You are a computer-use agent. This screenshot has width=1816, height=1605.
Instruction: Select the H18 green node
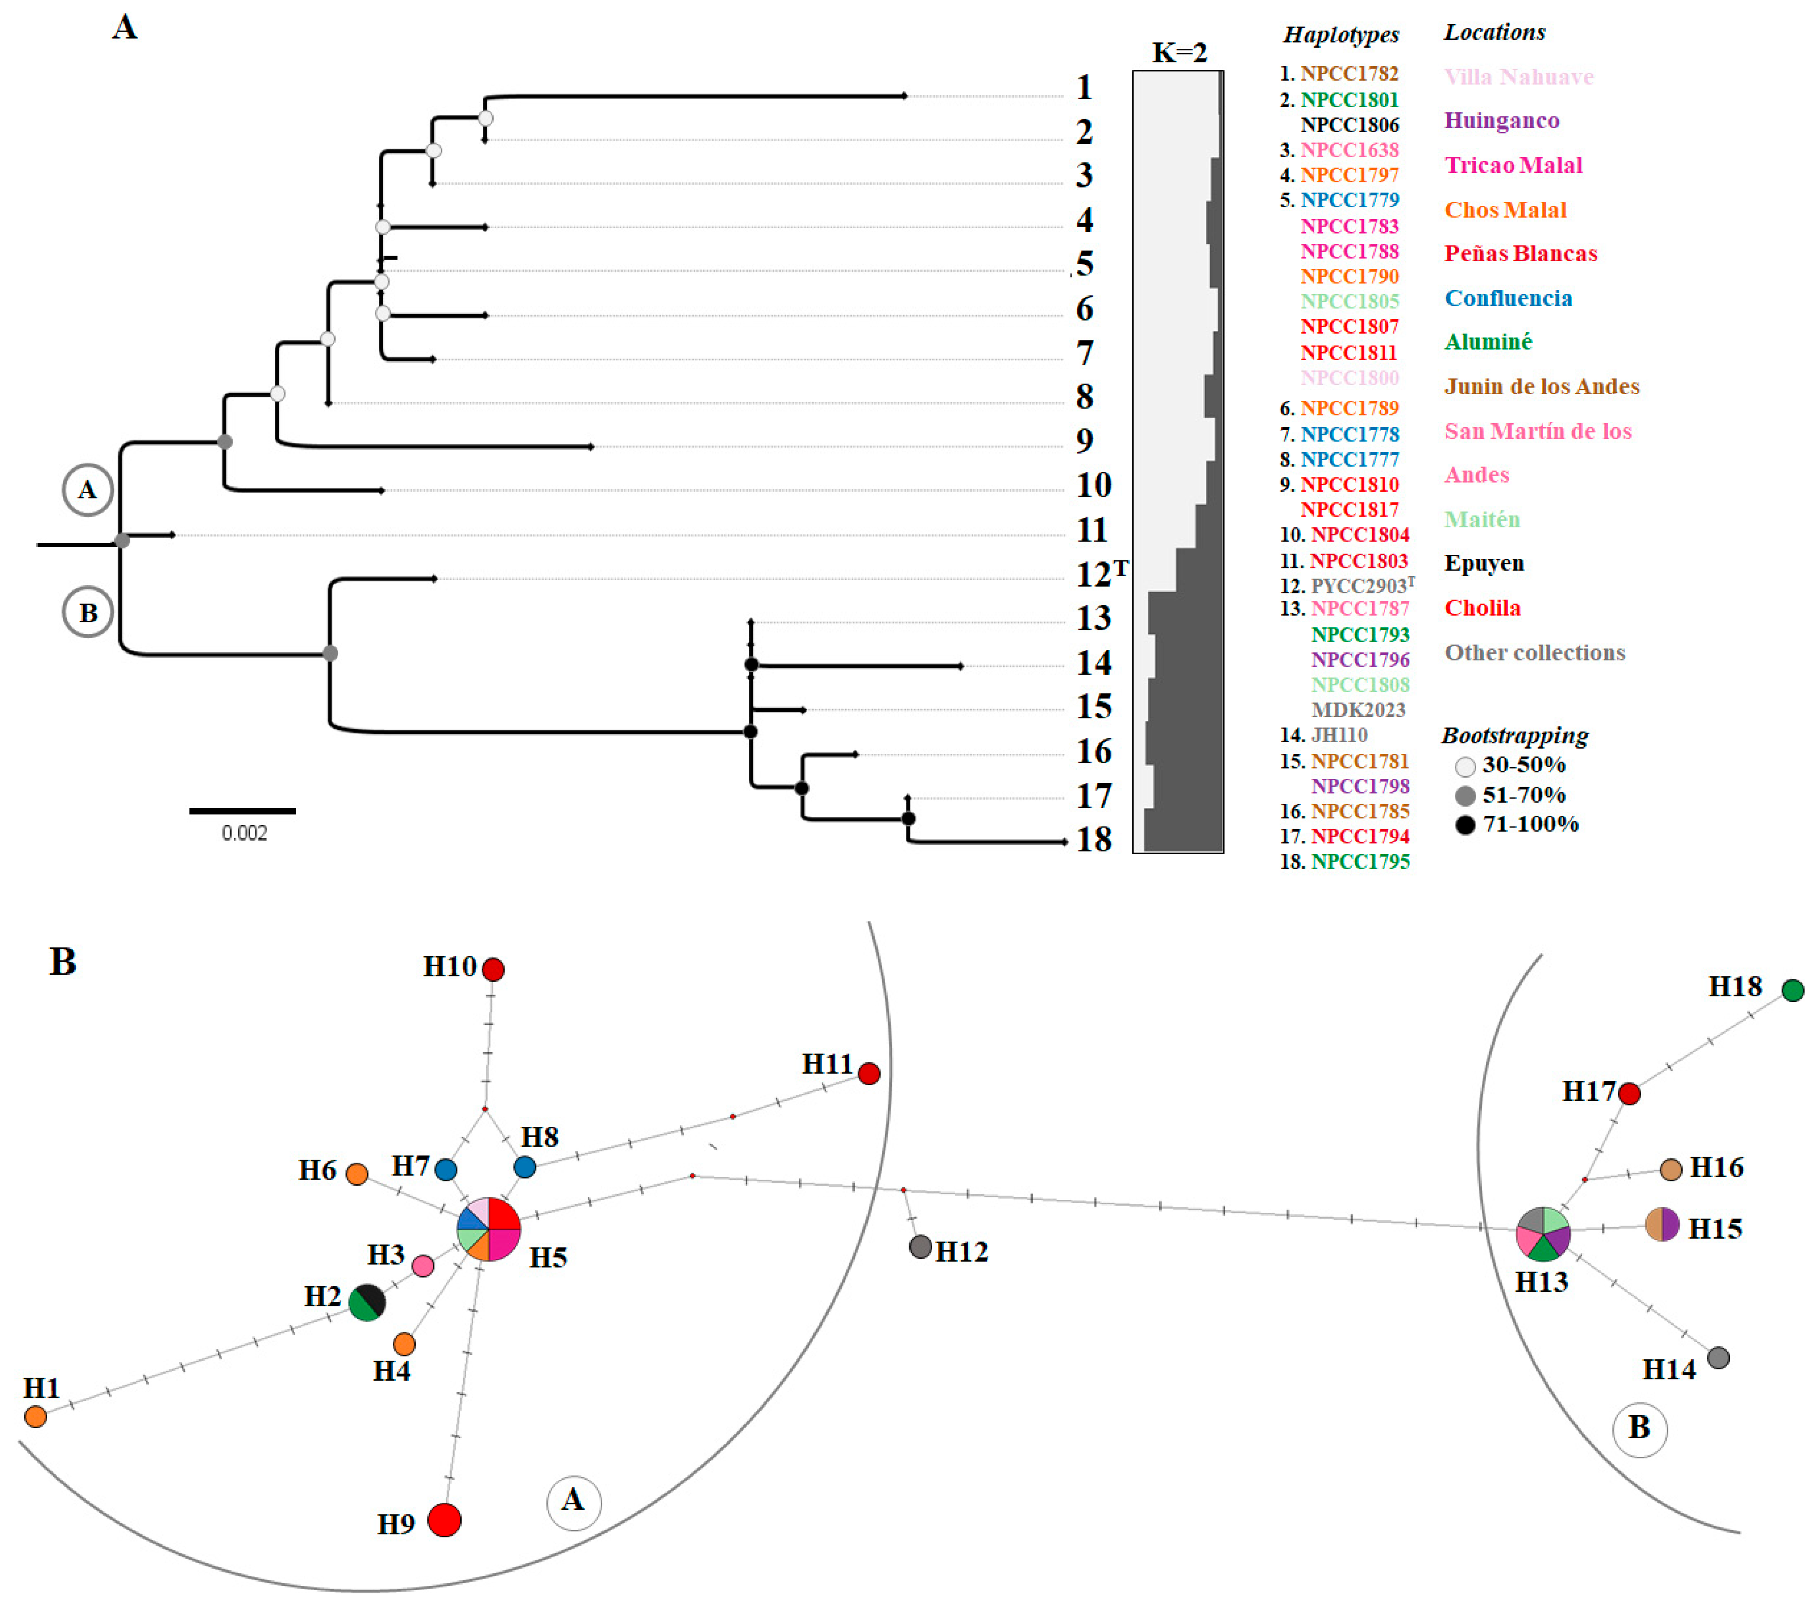pyautogui.click(x=1792, y=990)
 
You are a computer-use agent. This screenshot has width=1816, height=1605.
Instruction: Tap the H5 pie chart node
pyautogui.click(x=489, y=1229)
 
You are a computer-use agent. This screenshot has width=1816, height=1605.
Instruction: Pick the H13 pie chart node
pyautogui.click(x=1543, y=1233)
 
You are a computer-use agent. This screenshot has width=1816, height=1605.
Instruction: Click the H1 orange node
pyautogui.click(x=36, y=1416)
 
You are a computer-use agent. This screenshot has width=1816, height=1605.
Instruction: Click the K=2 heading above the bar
pyautogui.click(x=1179, y=52)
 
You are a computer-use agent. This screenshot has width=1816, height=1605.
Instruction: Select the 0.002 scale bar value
pyautogui.click(x=244, y=833)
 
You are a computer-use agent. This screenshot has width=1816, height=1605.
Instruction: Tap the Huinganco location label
pyautogui.click(x=1502, y=120)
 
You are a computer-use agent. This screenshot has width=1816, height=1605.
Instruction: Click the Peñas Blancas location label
pyautogui.click(x=1520, y=253)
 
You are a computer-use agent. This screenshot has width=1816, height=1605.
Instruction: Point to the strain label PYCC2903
pyautogui.click(x=1359, y=586)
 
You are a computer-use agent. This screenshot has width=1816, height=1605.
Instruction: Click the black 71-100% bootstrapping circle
pyautogui.click(x=1465, y=825)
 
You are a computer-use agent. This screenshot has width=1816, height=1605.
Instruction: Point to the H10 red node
pyautogui.click(x=493, y=969)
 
